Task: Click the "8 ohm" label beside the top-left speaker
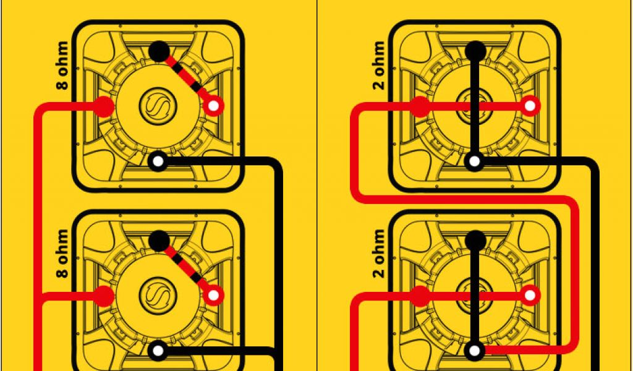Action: (x=62, y=65)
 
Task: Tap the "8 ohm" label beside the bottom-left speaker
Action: (x=62, y=254)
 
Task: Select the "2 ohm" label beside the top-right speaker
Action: (x=379, y=65)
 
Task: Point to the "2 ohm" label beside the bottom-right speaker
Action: (x=379, y=254)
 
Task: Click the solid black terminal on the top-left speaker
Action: (x=159, y=51)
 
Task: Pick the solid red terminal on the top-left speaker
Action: (x=104, y=106)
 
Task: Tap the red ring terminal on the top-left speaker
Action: (x=213, y=106)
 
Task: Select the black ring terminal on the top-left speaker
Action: (x=158, y=161)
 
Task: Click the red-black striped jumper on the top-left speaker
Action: (x=186, y=79)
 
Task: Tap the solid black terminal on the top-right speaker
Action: (x=475, y=51)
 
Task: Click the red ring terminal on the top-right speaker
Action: (x=530, y=106)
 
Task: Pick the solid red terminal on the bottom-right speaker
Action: (x=420, y=296)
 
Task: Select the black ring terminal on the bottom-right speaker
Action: (x=475, y=351)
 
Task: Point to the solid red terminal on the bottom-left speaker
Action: (x=104, y=296)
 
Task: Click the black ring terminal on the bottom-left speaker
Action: (x=158, y=351)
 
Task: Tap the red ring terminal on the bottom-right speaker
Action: (x=530, y=295)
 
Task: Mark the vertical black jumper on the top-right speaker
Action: (x=475, y=106)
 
